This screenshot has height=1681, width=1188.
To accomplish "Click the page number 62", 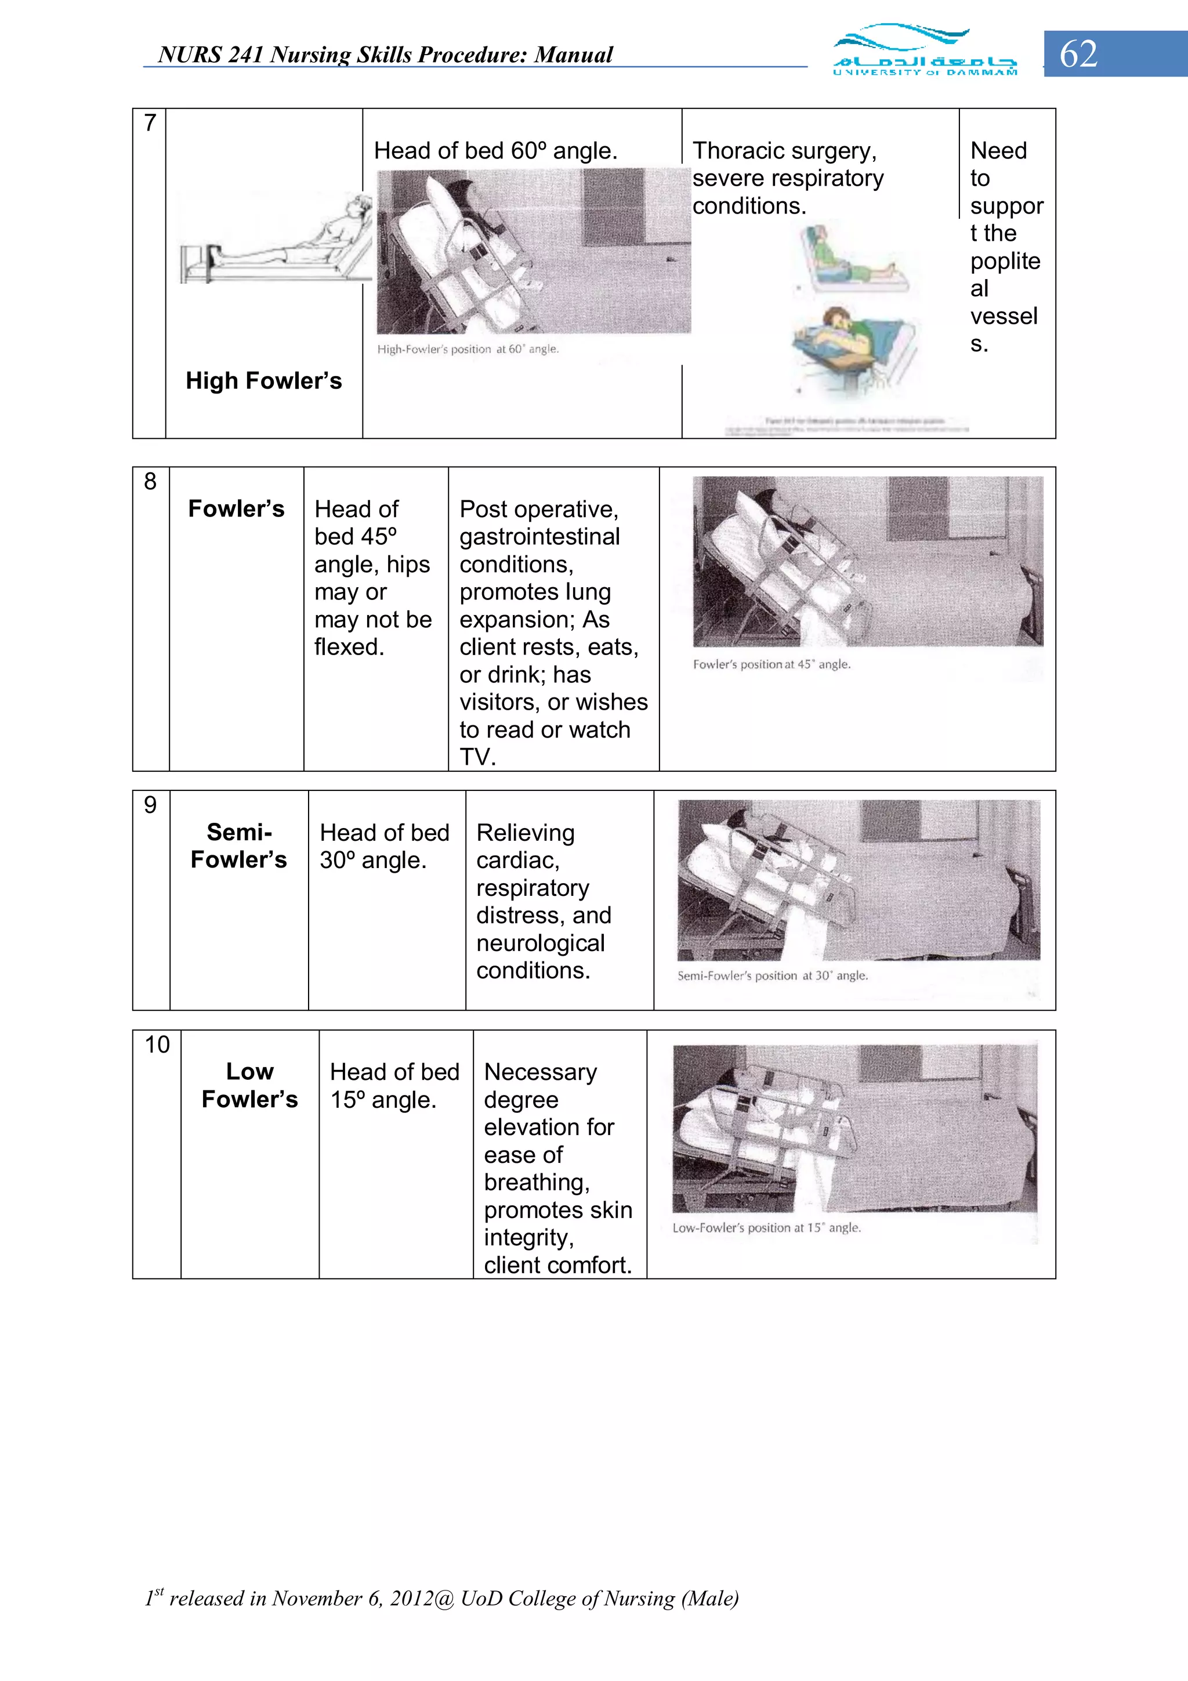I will (1078, 54).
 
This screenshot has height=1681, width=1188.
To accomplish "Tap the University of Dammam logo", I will (925, 50).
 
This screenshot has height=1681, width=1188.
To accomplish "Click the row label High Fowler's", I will (263, 381).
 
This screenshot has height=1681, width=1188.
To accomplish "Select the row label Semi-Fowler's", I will (238, 845).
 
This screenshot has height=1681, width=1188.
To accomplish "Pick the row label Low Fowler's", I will (249, 1085).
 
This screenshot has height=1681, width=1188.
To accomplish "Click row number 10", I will (157, 1045).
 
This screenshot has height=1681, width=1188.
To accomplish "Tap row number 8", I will (150, 482).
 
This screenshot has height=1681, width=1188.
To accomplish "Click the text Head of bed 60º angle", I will (495, 151).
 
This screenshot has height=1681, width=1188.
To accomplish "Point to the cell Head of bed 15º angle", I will (394, 1086).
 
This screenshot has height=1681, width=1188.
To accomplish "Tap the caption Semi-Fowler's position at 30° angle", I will (772, 976).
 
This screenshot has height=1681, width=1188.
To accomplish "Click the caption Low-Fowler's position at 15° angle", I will (766, 1228).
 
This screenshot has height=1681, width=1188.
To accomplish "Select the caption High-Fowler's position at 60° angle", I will (468, 349).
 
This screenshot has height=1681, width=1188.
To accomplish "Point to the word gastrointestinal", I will (539, 537).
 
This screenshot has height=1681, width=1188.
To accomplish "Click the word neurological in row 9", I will (540, 943).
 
